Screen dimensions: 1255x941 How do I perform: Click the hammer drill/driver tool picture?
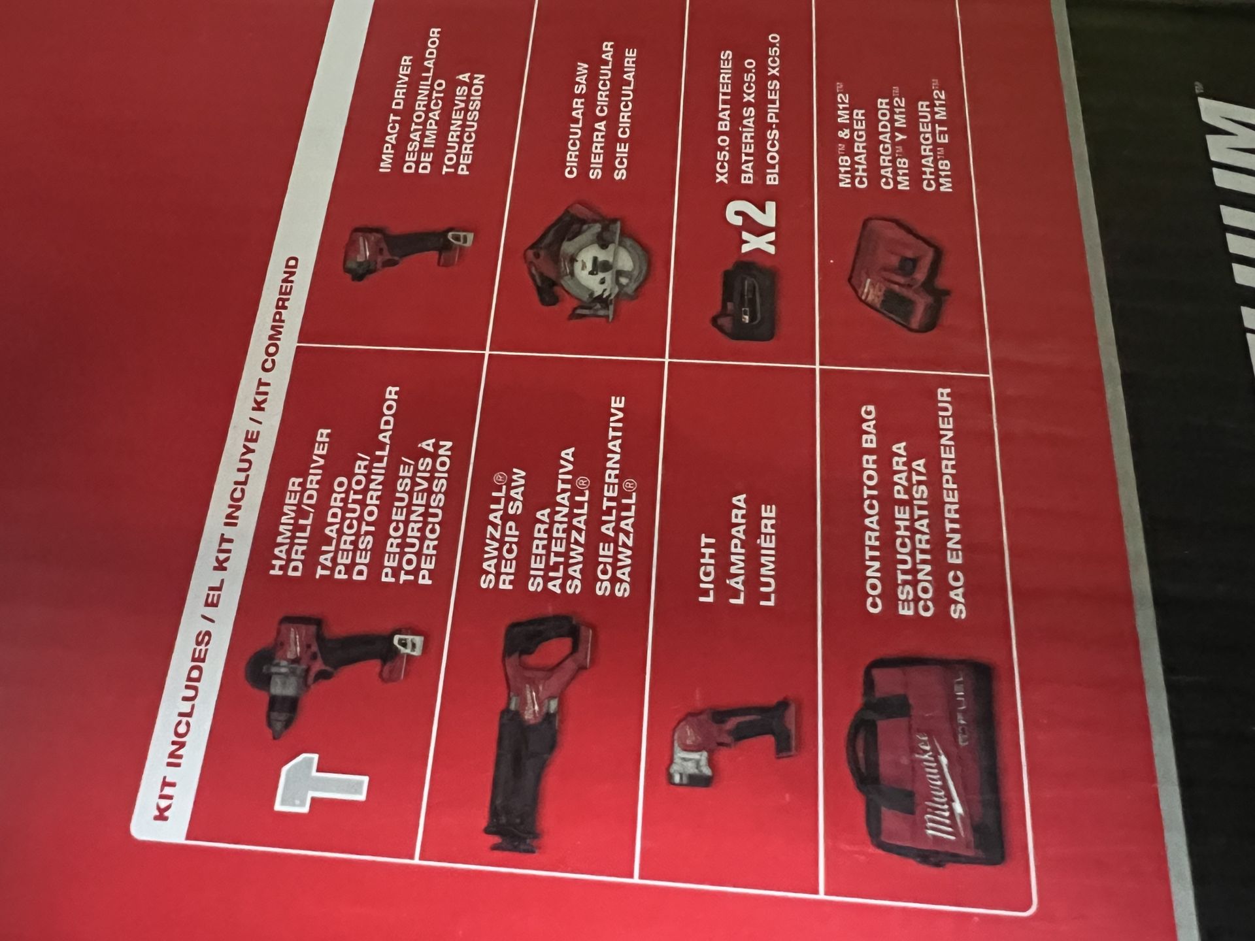(x=333, y=673)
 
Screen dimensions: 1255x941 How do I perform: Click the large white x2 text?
(x=758, y=225)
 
